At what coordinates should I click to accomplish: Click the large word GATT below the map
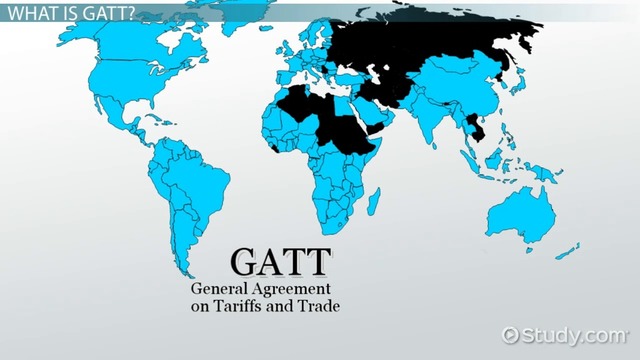[280, 262]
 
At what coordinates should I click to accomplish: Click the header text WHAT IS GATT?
[63, 11]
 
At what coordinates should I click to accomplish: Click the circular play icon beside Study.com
[512, 334]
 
